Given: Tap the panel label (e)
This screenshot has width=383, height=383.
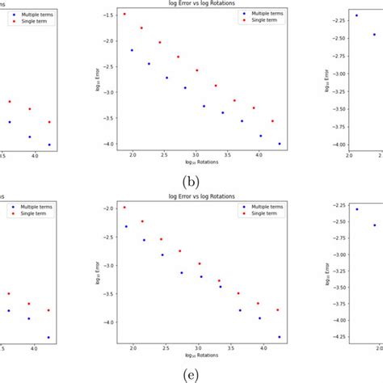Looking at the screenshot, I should click(x=191, y=374).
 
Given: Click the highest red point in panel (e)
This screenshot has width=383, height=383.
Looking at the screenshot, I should click(x=124, y=207).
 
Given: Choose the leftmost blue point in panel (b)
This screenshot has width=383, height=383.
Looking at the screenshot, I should click(x=132, y=50).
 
